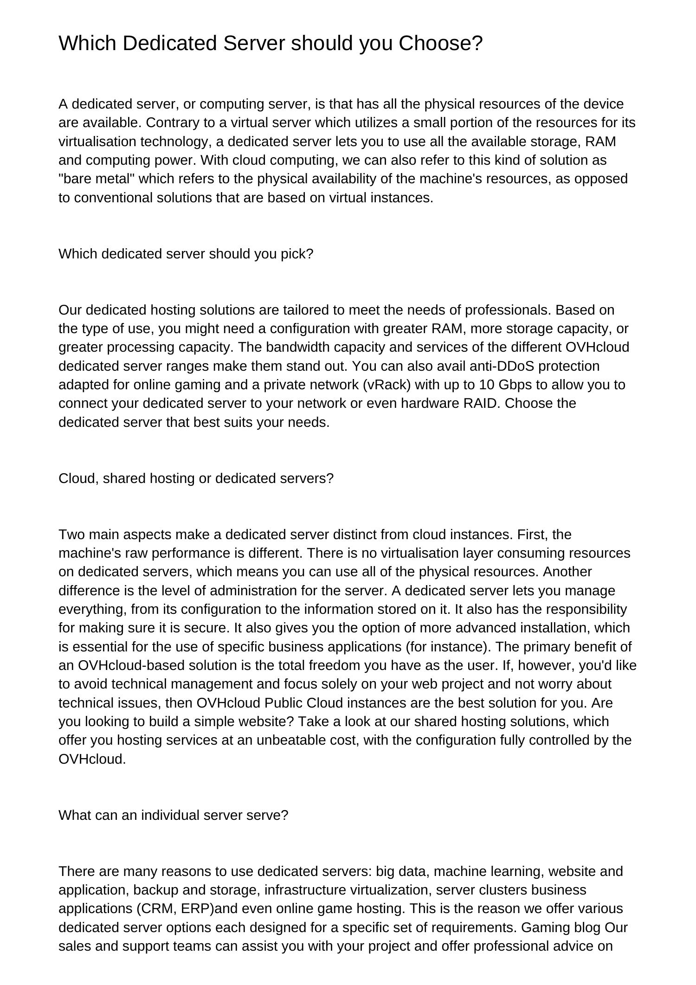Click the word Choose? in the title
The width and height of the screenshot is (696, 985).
click(440, 44)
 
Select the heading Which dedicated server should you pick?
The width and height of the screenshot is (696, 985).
click(186, 254)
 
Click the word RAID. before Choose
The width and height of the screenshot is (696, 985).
click(482, 404)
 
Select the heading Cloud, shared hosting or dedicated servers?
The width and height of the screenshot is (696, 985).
click(196, 479)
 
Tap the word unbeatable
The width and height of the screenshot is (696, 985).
click(290, 740)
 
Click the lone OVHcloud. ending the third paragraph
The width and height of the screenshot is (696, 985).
click(92, 759)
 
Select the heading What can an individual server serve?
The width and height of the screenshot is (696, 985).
click(173, 815)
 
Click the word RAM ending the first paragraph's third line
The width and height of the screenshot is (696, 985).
click(600, 142)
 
